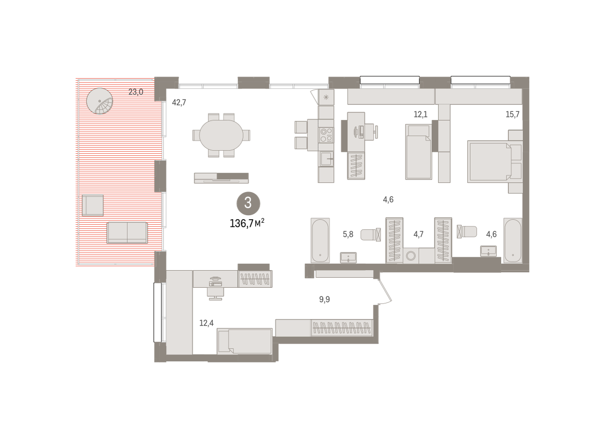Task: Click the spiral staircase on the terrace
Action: click(x=100, y=101)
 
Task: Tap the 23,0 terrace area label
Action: click(x=136, y=92)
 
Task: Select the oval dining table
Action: click(x=221, y=135)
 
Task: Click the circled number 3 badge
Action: click(x=248, y=203)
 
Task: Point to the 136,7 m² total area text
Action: click(x=247, y=223)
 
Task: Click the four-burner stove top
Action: click(x=326, y=135)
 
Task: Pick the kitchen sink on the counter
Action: click(x=327, y=159)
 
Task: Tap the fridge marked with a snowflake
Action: click(x=326, y=97)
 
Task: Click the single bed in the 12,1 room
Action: click(x=418, y=152)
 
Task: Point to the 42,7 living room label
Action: click(x=179, y=103)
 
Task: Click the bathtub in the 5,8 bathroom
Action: click(x=320, y=240)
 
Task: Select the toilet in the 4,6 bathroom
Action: click(x=467, y=232)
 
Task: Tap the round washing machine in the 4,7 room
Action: click(x=411, y=256)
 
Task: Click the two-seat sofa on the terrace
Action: click(x=127, y=232)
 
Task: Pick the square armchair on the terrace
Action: click(x=93, y=206)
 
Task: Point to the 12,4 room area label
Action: click(x=206, y=323)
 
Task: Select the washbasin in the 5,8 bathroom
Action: click(x=348, y=258)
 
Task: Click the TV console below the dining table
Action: click(x=221, y=178)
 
